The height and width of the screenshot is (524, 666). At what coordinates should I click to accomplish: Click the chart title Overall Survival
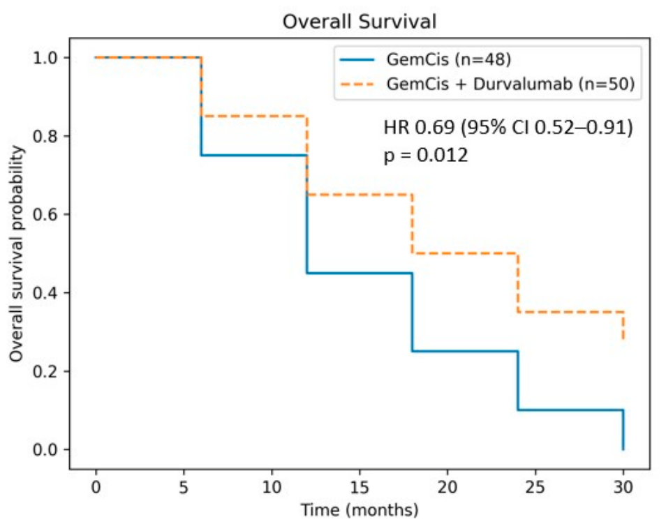(x=360, y=22)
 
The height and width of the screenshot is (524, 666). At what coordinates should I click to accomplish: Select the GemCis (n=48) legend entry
(x=425, y=59)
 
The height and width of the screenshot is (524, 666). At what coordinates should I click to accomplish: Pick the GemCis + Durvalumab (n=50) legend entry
(x=487, y=84)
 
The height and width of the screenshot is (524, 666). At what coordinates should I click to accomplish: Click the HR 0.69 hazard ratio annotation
(x=508, y=127)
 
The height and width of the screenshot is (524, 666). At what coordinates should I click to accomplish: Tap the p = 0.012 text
(x=426, y=156)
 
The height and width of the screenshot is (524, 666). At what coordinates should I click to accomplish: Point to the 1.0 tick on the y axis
(x=45, y=58)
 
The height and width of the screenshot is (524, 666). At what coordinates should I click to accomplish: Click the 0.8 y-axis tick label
(x=45, y=136)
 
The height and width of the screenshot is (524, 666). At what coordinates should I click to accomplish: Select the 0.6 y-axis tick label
(x=45, y=214)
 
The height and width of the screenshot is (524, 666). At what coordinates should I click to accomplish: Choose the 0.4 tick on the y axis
(x=45, y=293)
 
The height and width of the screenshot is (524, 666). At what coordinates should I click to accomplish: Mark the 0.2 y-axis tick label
(x=45, y=372)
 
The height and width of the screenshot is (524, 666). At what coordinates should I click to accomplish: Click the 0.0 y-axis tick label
(x=45, y=449)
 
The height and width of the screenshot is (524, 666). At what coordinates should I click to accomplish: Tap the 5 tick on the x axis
(x=184, y=487)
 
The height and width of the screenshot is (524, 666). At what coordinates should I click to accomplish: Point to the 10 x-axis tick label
(x=272, y=487)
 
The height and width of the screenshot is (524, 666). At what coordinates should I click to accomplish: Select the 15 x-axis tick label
(x=360, y=487)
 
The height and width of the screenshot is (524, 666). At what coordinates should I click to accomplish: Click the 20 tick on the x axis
(x=447, y=487)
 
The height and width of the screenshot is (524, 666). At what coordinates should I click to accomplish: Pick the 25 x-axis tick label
(x=535, y=487)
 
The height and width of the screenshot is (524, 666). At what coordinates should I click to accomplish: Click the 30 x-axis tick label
(x=623, y=487)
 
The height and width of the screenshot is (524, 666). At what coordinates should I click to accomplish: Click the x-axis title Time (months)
(x=360, y=510)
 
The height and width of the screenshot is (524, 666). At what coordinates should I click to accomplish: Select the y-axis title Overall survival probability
(x=16, y=253)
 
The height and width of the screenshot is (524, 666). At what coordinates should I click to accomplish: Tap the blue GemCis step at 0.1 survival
(x=570, y=410)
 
